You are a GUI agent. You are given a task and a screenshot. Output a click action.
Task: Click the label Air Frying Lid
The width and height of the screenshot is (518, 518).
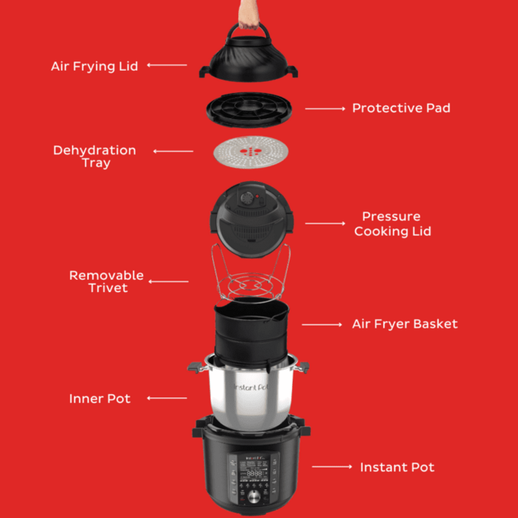click(x=95, y=66)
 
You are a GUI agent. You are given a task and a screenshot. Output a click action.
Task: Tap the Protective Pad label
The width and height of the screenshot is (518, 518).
click(x=400, y=108)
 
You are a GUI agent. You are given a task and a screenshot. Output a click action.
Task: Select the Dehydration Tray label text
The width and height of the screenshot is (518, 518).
click(x=95, y=156)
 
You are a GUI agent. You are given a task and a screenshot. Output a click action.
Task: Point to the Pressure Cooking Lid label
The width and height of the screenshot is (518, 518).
click(x=392, y=224)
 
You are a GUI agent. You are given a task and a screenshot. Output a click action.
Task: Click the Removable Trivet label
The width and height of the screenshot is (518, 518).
click(x=106, y=281)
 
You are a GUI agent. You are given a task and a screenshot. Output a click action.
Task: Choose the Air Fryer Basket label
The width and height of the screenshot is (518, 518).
click(x=404, y=324)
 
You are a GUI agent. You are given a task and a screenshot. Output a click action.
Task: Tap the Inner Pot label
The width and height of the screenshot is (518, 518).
click(x=99, y=399)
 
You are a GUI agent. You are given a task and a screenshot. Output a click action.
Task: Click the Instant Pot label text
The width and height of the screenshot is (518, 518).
click(x=397, y=467)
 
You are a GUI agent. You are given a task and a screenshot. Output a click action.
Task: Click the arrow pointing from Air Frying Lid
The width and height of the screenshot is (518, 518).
click(x=167, y=65)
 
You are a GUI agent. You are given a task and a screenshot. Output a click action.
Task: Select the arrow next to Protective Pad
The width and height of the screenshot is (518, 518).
click(x=325, y=108)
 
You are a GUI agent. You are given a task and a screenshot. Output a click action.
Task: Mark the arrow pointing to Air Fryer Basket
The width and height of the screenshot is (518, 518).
click(x=322, y=325)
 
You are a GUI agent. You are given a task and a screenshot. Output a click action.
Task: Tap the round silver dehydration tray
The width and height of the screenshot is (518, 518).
click(x=243, y=155)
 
